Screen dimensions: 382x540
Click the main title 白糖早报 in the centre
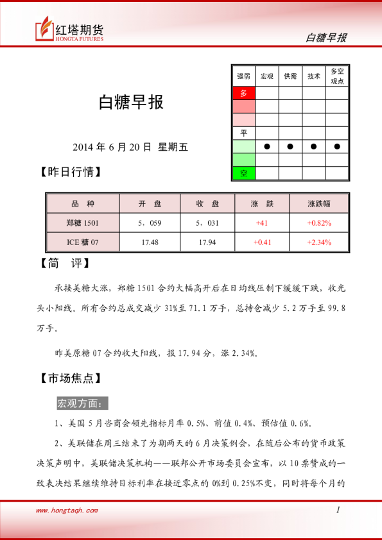pyautogui.click(x=130, y=103)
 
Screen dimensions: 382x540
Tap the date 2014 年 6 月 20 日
pyautogui.click(x=112, y=147)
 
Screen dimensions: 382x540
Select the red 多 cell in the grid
pyautogui.click(x=243, y=93)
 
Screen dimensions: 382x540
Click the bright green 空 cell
pyautogui.click(x=243, y=173)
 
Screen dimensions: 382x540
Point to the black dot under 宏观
pyautogui.click(x=267, y=146)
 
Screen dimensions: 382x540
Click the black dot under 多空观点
pyautogui.click(x=337, y=146)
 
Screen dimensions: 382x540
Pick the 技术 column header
pyautogui.click(x=314, y=76)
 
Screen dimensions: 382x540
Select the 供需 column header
pyautogui.click(x=290, y=76)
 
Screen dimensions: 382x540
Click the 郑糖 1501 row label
pyautogui.click(x=83, y=223)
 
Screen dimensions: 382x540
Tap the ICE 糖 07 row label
pyautogui.click(x=83, y=242)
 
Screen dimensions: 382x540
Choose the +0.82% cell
pyautogui.click(x=319, y=223)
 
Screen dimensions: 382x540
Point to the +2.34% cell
pyautogui.click(x=319, y=242)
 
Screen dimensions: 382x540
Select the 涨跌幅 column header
pyautogui.click(x=319, y=204)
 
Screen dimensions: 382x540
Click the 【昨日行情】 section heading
pyautogui.click(x=71, y=173)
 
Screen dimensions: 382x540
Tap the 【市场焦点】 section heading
pyautogui.click(x=71, y=378)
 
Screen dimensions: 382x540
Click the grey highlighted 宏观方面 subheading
pyautogui.click(x=83, y=403)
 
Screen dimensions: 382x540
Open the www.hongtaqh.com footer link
pyautogui.click(x=67, y=510)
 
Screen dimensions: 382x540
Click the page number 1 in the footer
pyautogui.click(x=338, y=510)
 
